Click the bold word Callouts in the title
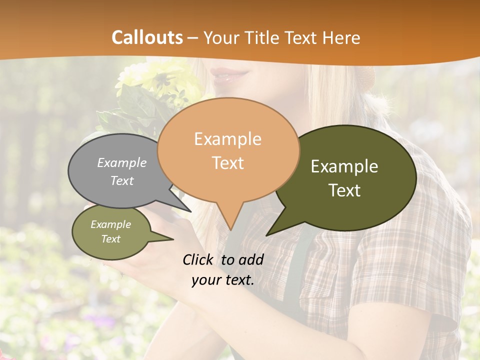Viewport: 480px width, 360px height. coord(147,37)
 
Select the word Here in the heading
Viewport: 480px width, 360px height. coord(341,37)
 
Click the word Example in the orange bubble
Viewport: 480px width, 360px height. coord(227,139)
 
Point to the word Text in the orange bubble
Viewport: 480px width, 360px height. coord(228,163)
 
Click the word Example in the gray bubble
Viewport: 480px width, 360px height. coord(122,163)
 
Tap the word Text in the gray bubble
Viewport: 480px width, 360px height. coord(122,180)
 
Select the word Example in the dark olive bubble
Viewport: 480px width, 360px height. coord(344,166)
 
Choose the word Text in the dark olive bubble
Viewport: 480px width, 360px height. coord(344,190)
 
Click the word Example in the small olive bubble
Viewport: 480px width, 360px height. coord(110,224)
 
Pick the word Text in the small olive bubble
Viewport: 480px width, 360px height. coord(110,239)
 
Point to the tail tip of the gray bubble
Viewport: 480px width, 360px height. coord(190,211)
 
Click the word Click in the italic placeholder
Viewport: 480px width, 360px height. coord(199,259)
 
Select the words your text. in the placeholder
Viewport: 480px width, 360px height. coord(223,280)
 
